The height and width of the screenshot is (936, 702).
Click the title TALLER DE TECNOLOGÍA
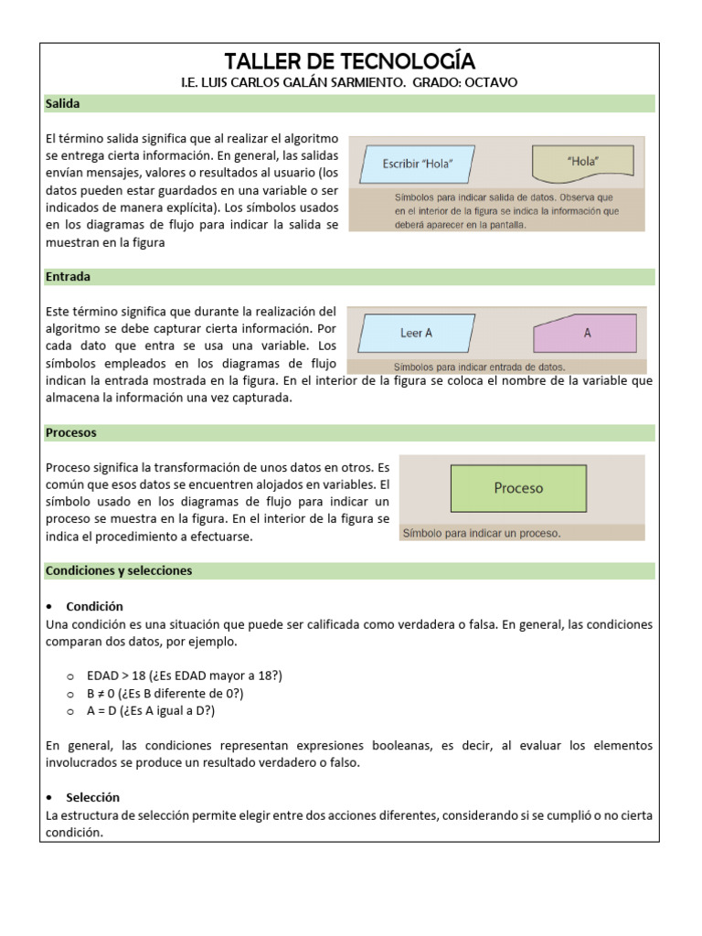pyautogui.click(x=349, y=61)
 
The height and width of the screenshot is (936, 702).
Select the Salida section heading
pyautogui.click(x=63, y=104)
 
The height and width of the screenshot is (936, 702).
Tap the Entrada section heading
pyautogui.click(x=68, y=276)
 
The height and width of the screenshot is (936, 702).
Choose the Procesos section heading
pyautogui.click(x=70, y=432)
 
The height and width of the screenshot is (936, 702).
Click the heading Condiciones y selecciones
pyautogui.click(x=119, y=570)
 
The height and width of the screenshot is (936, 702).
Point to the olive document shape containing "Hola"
pyautogui.click(x=582, y=163)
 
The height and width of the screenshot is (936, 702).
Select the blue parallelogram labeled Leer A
pyautogui.click(x=417, y=333)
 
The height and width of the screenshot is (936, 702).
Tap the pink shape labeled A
pyautogui.click(x=586, y=334)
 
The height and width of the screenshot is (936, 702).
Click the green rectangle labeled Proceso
pyautogui.click(x=518, y=488)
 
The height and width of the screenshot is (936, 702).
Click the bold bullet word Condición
pyautogui.click(x=94, y=606)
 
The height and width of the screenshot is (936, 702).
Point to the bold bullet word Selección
pyautogui.click(x=92, y=797)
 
